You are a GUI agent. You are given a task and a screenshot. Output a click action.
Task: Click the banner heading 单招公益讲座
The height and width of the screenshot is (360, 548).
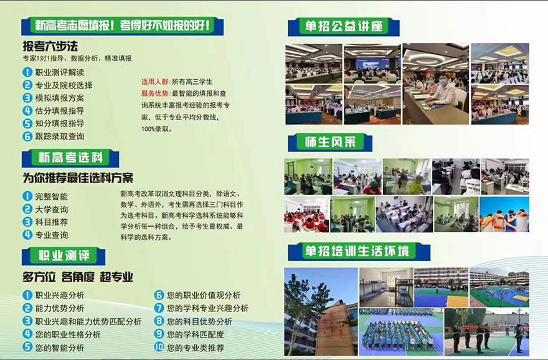tap(344, 26)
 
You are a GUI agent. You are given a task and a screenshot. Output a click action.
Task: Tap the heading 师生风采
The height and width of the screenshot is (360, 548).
tap(330, 142)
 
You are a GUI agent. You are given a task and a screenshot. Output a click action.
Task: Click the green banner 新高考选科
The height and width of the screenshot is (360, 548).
tap(70, 158)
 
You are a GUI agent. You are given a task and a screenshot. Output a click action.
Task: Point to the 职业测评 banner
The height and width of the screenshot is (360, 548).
tap(64, 256)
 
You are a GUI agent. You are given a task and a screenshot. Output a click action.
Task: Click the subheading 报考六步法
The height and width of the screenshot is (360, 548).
tap(50, 47)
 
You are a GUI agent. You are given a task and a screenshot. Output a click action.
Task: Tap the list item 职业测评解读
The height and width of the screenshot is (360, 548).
tap(60, 72)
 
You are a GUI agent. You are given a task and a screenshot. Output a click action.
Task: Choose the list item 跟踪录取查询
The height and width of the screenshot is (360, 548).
tap(60, 136)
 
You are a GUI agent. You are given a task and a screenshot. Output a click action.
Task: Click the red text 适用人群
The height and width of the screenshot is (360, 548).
tap(156, 82)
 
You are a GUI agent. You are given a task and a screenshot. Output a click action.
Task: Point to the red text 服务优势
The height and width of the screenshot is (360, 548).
tap(156, 93)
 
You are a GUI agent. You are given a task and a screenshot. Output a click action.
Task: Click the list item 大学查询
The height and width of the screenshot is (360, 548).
tap(52, 209)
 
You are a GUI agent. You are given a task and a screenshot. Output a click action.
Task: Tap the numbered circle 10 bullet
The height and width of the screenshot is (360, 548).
tap(159, 347)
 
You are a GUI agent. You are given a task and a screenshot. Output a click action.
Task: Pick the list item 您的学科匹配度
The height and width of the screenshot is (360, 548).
tap(196, 334)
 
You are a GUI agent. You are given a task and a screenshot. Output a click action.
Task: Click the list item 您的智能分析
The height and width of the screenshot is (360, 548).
tap(60, 348)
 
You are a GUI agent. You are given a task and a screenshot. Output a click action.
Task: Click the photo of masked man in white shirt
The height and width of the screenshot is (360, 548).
tap(436, 84)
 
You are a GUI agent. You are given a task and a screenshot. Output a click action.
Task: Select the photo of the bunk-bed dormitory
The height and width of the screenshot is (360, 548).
tap(386, 288)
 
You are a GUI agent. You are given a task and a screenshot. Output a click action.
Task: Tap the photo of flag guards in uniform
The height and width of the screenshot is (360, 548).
tap(486, 332)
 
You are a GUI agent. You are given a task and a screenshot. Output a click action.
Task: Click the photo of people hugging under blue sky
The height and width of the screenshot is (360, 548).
tap(504, 214)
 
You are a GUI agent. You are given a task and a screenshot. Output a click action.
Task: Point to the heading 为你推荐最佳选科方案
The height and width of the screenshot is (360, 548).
tap(78, 178)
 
